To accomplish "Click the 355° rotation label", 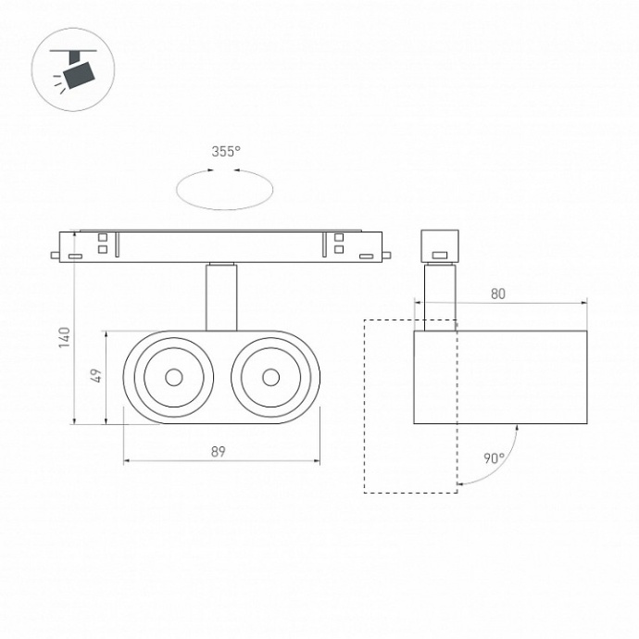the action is pos(226,152).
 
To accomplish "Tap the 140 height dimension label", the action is pos(65,337).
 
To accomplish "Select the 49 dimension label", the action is pos(95,375).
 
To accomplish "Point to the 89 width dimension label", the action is pos(218,452).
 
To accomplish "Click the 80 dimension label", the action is pos(498,294).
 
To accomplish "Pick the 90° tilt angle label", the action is pos(495,458).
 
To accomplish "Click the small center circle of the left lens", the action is pos(174,377).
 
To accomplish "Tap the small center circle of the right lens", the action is pos(271,377).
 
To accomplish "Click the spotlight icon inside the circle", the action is pos(73,70).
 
